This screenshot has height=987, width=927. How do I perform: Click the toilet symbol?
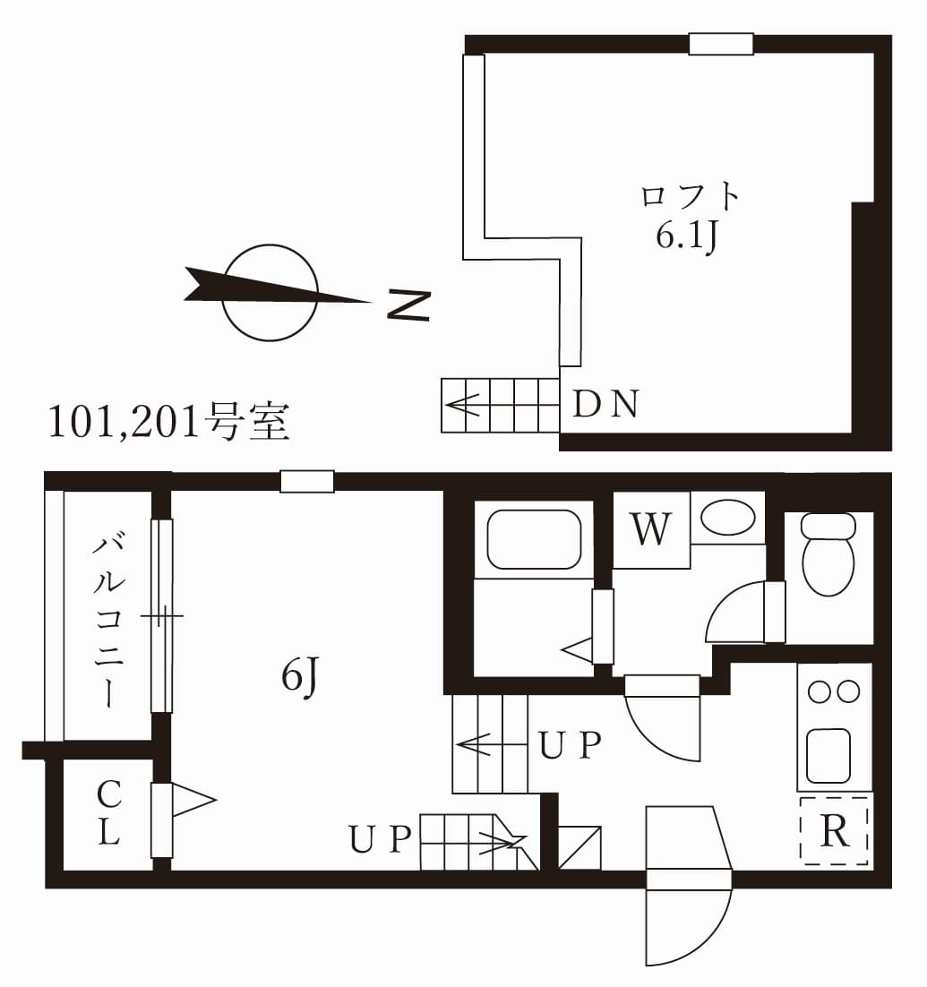(828, 555)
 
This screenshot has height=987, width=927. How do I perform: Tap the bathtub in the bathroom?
(534, 539)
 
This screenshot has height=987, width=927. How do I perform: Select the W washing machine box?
(651, 530)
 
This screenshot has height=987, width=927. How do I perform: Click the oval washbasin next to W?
(727, 518)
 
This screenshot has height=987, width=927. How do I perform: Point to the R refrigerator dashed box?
(835, 830)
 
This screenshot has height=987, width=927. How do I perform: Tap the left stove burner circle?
(819, 691)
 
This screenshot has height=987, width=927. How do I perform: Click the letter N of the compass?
(408, 305)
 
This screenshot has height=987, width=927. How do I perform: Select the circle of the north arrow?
(270, 293)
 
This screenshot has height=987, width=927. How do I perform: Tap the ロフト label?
(691, 195)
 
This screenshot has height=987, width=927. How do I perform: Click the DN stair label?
(605, 406)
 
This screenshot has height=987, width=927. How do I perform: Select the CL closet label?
(108, 813)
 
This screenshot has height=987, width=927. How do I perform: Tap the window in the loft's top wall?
(721, 44)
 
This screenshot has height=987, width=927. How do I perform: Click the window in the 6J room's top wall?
(306, 482)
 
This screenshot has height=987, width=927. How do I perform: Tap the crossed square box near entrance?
(579, 847)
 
